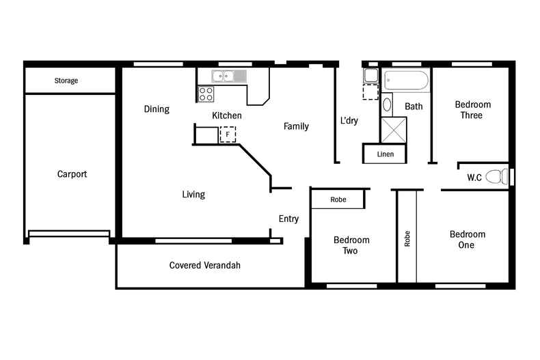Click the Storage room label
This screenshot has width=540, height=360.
66,81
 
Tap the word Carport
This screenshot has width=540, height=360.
72,174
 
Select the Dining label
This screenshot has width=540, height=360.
157,109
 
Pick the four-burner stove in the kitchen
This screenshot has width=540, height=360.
206,94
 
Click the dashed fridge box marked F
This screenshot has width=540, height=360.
227,135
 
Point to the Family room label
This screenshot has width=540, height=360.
296,126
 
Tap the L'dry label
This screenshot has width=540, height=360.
349,121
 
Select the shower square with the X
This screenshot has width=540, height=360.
394,130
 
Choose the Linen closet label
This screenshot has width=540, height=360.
386,154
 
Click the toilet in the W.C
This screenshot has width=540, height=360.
504,176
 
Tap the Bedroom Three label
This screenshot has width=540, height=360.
473,110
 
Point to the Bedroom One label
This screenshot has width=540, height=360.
468,240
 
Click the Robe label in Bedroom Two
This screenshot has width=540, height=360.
338,200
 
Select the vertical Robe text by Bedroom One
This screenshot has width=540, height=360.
407,238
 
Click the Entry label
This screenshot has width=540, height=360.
288,219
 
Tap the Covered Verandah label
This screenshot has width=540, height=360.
205,265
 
